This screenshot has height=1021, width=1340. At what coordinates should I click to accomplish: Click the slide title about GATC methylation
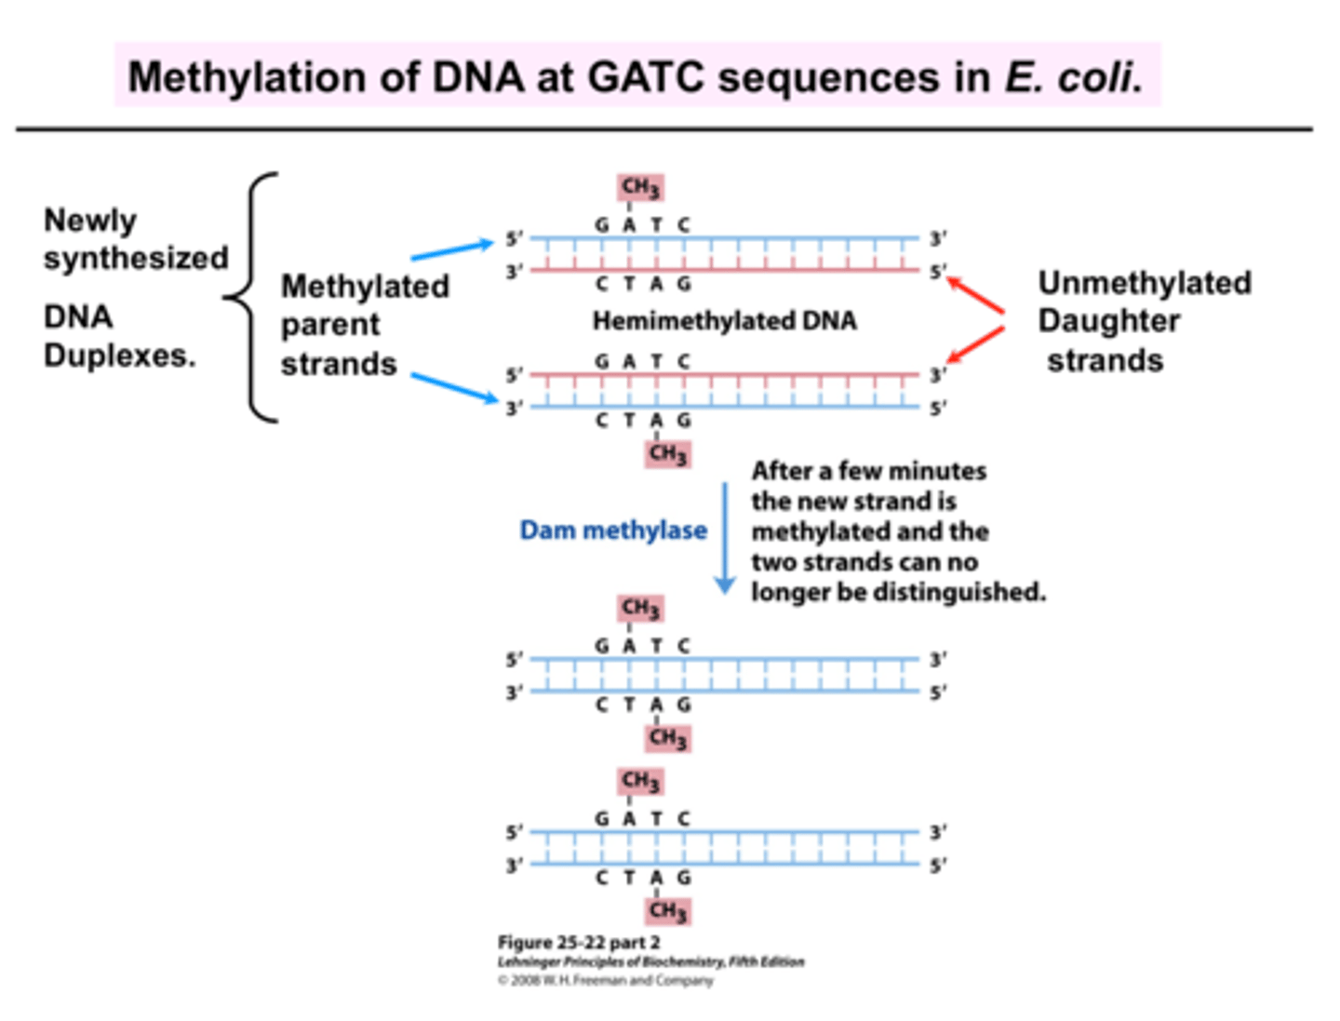coord(636,76)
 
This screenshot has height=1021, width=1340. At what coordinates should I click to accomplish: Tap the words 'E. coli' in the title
coord(1073,76)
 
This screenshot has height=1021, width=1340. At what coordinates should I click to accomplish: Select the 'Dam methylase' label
coord(612,531)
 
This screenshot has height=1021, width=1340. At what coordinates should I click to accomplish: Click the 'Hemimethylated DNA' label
coord(724,321)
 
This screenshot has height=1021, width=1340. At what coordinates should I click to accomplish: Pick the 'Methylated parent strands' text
coord(365,325)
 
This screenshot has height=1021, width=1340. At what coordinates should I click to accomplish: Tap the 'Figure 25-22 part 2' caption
coord(579,942)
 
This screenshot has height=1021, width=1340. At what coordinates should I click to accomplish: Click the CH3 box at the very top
coord(640,188)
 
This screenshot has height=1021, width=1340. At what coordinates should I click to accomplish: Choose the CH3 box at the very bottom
coord(668,910)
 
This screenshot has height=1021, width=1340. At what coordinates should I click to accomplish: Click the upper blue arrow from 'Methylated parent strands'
coord(452,249)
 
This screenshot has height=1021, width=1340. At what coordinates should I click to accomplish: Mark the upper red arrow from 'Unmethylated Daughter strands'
coord(975,294)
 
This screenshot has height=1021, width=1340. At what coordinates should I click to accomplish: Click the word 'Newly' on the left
coord(90,221)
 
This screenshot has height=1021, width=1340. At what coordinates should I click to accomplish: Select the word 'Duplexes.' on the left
coord(120,356)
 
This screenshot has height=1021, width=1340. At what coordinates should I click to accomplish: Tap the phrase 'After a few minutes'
coord(869,471)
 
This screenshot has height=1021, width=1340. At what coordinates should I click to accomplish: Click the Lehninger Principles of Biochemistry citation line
coord(650,961)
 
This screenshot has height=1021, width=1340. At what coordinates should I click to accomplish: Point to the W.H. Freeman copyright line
coord(605,980)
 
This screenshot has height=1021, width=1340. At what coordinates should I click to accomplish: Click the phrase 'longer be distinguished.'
coord(898,592)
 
